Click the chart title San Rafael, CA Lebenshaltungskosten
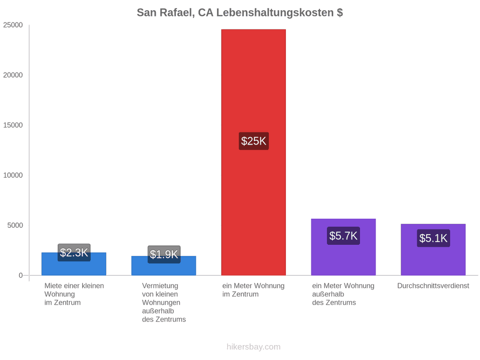click(239, 13)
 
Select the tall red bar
click(253, 153)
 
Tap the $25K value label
click(254, 141)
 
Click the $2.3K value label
click(74, 253)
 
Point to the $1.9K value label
click(164, 254)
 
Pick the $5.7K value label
click(343, 236)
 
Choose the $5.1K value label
click(434, 238)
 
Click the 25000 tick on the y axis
click(13, 25)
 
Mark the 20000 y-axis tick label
click(13, 75)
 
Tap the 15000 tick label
click(13, 125)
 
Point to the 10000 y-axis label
click(13, 175)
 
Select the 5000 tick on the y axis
click(15, 225)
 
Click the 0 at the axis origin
click(21, 275)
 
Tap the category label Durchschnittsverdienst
click(433, 286)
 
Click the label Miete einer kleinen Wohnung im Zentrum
click(74, 294)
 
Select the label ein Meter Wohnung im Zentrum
click(253, 290)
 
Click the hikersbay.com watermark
click(253, 347)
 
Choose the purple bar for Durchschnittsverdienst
click(433, 250)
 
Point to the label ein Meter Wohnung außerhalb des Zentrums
click(343, 294)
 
